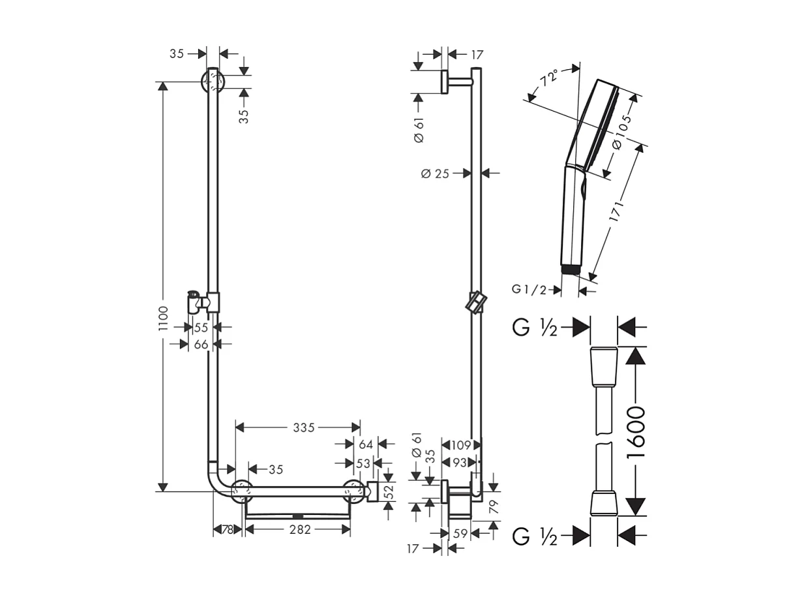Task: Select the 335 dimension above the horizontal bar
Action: pos(303,427)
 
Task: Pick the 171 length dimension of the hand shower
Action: pos(617,213)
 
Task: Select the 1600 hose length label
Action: pos(636,431)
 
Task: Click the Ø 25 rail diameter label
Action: pos(435,173)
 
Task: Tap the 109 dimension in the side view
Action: pos(461,445)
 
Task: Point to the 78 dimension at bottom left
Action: pos(227,530)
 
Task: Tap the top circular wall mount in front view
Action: pos(213,82)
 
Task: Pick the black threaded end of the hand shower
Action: pos(570,269)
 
